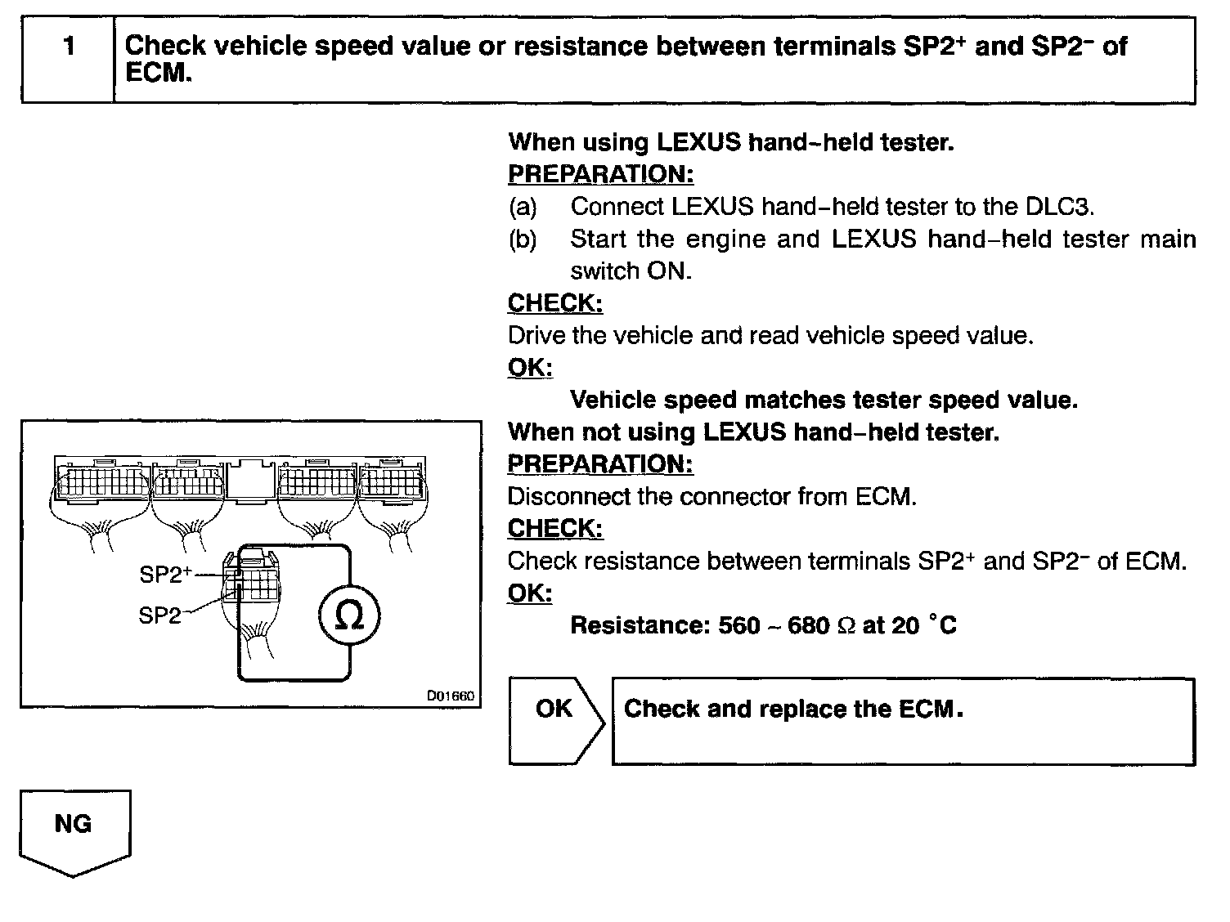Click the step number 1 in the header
pos(69,47)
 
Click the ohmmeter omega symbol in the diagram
pos(349,616)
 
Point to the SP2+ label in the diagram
pos(165,575)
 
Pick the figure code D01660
pos(450,696)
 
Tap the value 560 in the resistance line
pos(738,626)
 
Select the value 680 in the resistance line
pos(808,626)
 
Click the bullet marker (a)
pos(523,207)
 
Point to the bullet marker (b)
pos(523,239)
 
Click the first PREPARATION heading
pos(600,174)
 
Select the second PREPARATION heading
pos(600,464)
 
